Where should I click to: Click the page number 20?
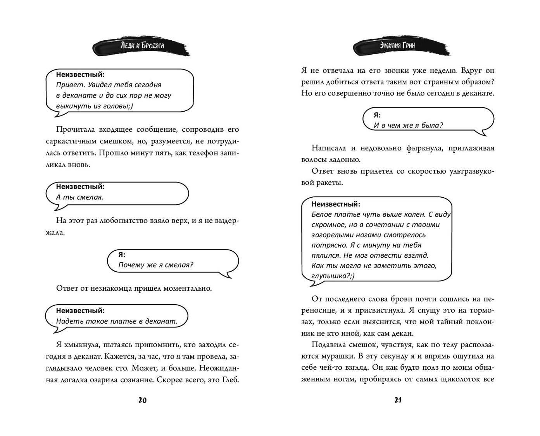click(142, 400)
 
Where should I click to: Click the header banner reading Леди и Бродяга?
click(142, 46)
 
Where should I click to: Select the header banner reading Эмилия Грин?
click(398, 46)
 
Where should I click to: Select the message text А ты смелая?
click(79, 197)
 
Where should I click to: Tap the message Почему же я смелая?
click(155, 265)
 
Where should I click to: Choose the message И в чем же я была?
click(408, 125)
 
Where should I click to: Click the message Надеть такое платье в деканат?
click(116, 321)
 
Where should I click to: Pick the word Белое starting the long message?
click(321, 214)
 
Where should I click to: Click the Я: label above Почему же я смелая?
click(122, 255)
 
